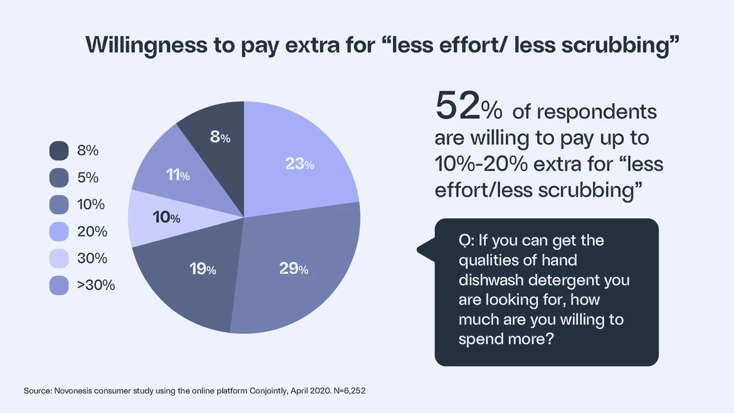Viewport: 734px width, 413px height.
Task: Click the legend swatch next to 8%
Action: pyautogui.click(x=59, y=151)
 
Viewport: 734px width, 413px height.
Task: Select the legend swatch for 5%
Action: pyautogui.click(x=59, y=178)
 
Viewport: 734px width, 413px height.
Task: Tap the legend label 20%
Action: pyautogui.click(x=92, y=231)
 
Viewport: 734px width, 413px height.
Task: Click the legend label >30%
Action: pyautogui.click(x=96, y=285)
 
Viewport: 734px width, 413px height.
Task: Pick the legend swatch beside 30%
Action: pyautogui.click(x=59, y=258)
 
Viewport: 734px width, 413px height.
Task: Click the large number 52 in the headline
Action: pyautogui.click(x=458, y=107)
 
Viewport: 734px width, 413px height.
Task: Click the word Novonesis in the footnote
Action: pyautogui.click(x=74, y=391)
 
